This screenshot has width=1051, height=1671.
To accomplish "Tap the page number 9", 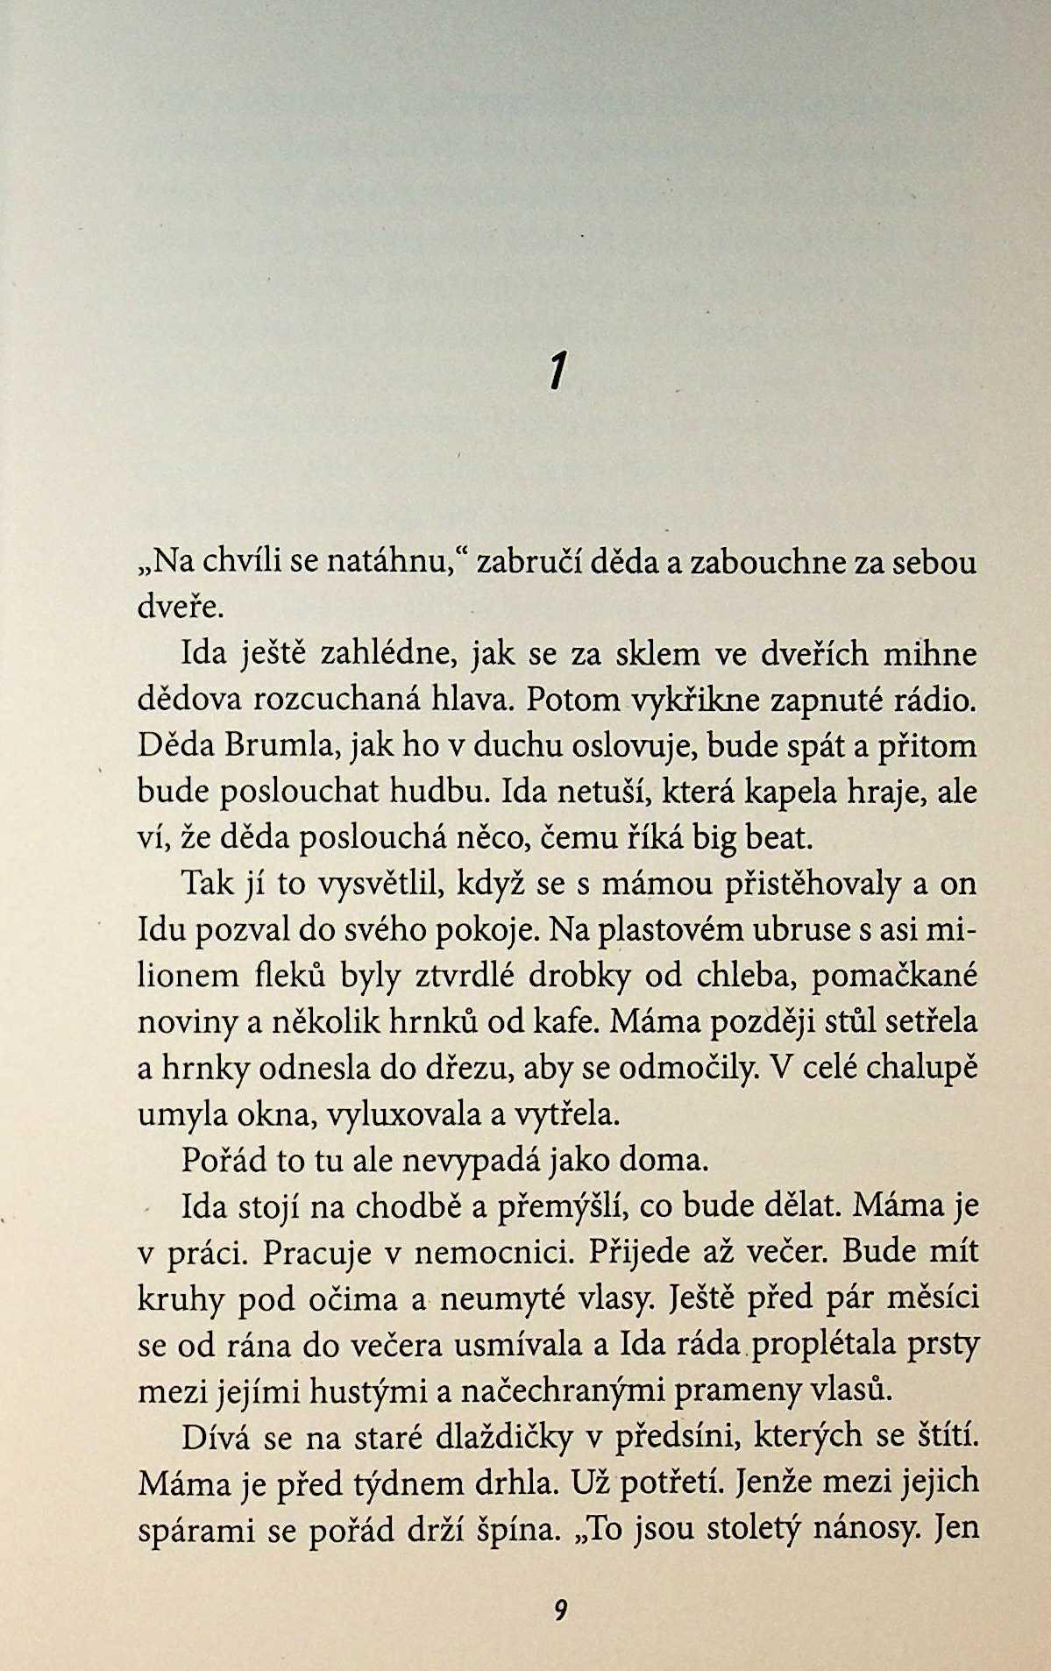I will pos(561,1611).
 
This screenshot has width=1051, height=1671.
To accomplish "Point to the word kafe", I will pos(565,1023).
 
